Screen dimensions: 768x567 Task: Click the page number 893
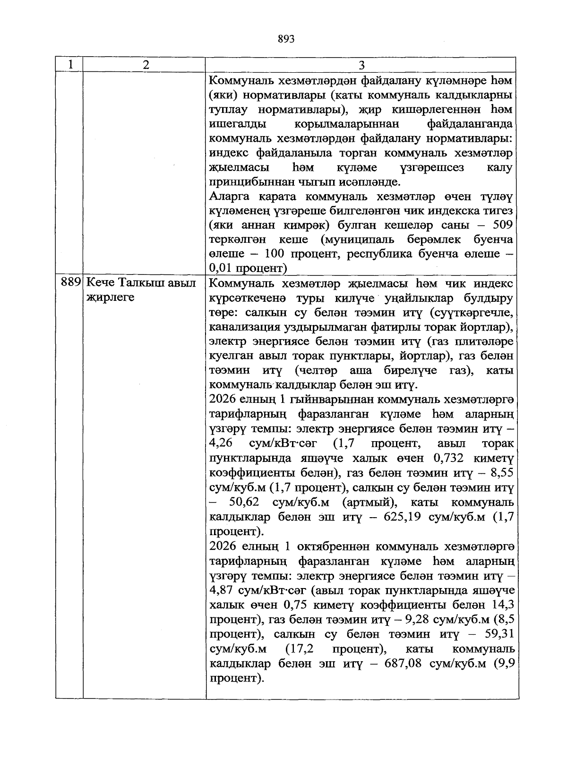[286, 39]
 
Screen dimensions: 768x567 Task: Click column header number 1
[70, 65]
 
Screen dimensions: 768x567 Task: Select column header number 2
[146, 65]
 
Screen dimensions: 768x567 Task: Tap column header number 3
[361, 65]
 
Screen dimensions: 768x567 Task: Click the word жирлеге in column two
[110, 298]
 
